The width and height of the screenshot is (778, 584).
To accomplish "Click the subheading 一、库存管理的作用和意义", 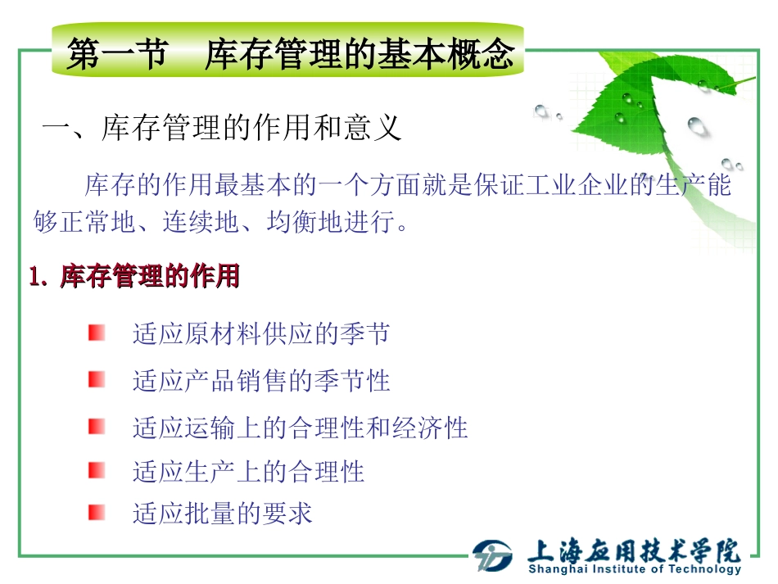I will coord(222,129).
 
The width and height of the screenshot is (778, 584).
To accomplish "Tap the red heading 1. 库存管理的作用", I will coord(134,277).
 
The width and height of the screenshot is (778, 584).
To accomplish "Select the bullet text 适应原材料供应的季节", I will coord(261,333).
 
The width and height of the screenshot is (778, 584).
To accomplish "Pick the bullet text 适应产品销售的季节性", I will coord(261,380).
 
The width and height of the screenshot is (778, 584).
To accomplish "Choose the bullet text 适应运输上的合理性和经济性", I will coord(300,428).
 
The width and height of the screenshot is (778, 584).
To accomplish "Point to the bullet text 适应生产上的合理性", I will coord(248,471).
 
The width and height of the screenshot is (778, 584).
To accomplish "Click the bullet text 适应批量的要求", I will coord(222,514).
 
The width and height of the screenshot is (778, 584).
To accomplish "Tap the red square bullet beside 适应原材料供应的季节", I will coord(97,333).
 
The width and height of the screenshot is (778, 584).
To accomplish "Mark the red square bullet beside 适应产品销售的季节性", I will coord(97,379).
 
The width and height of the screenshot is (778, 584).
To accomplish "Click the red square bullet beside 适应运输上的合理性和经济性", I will coord(97,427).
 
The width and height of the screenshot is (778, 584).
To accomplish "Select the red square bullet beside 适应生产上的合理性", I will coord(97,470).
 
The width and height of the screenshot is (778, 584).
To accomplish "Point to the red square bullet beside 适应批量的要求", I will coord(97,513).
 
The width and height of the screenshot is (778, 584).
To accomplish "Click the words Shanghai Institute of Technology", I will coord(635,569).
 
